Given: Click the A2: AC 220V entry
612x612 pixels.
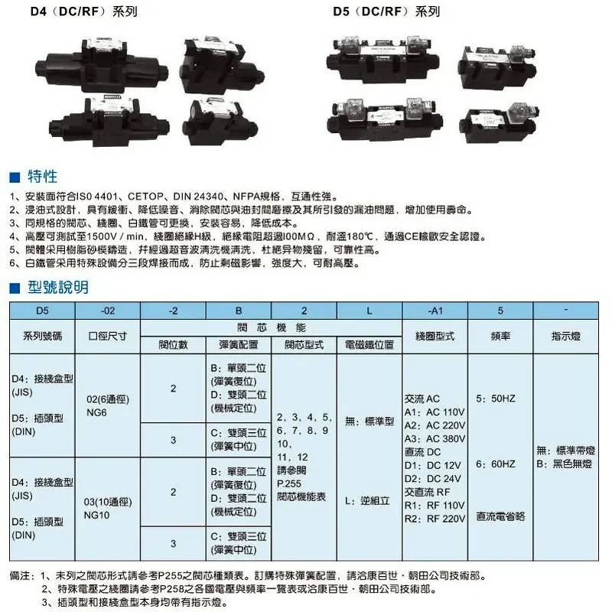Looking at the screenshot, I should pos(435,425).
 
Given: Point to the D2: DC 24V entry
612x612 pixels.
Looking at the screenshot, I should pos(435,479).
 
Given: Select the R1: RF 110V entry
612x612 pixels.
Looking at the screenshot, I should pos(435,506).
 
